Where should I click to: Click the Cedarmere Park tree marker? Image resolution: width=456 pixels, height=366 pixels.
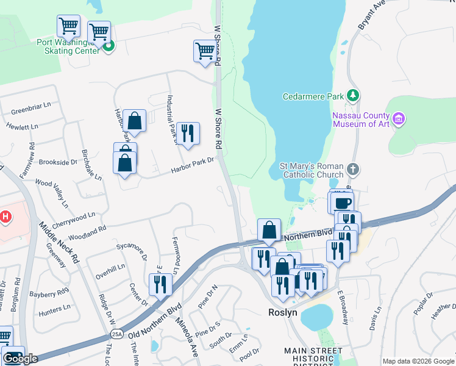click(x=352, y=96)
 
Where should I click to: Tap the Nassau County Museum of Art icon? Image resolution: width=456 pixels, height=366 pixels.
click(x=399, y=118)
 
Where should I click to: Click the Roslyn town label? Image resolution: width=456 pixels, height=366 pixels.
click(x=282, y=312)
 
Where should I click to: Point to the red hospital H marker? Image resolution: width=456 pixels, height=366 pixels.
click(x=5, y=216)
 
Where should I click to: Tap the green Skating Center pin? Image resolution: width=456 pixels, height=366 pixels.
click(x=109, y=46)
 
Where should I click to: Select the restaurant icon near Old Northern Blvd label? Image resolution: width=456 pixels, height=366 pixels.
click(x=160, y=284)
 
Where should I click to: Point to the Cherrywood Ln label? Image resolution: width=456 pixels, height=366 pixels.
click(x=74, y=217)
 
